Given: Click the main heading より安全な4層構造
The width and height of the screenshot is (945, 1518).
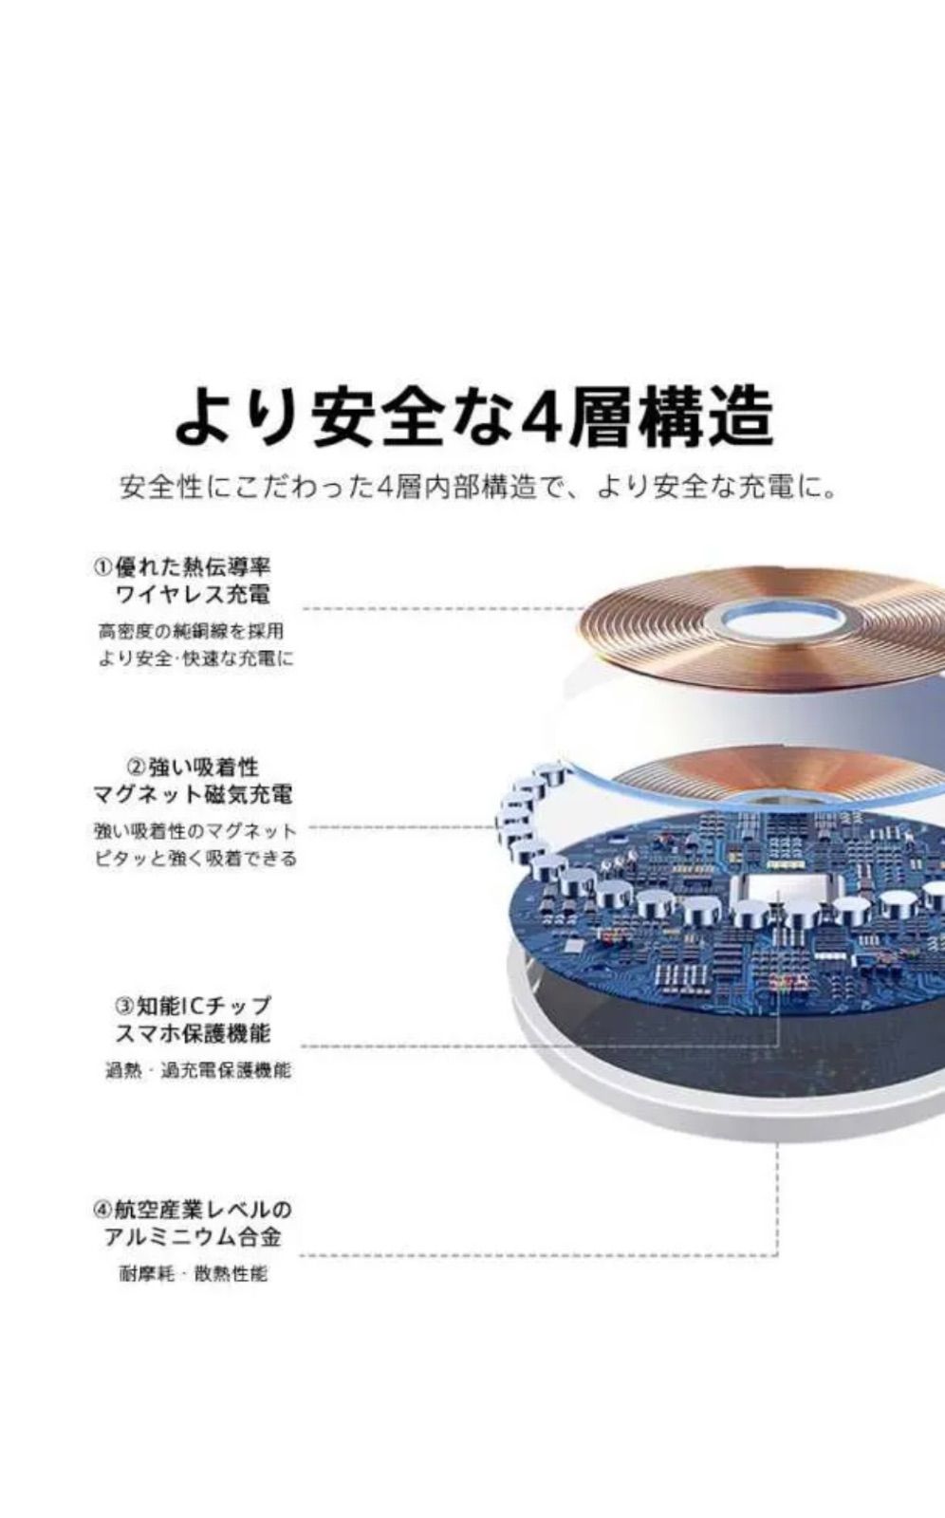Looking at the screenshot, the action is [x=473, y=417].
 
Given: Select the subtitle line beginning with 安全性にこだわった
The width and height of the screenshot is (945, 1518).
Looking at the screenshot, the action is [x=477, y=488].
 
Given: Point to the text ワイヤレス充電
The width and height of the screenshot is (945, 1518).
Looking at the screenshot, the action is [x=194, y=595].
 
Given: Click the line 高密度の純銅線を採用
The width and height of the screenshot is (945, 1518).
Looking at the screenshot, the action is [x=191, y=631].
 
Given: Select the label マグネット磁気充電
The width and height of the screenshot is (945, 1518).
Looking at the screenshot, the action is [x=194, y=793].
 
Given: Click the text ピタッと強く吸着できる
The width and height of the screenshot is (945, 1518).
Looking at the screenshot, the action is [x=195, y=859].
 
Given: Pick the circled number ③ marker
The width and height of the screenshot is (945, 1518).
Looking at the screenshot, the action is [x=126, y=1005].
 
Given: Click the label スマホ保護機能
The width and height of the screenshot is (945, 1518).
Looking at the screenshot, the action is [x=194, y=1033].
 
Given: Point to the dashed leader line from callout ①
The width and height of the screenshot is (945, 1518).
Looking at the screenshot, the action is [x=443, y=608].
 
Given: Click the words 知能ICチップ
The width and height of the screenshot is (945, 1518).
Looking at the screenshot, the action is [x=204, y=1005].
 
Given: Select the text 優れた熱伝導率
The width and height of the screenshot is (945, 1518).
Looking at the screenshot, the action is [x=193, y=566].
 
